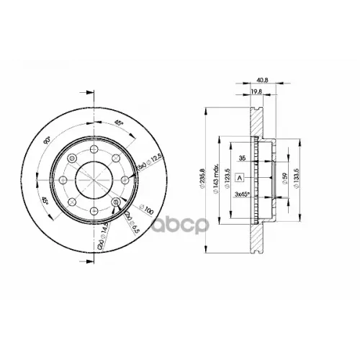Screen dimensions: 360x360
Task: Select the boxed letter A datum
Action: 240,177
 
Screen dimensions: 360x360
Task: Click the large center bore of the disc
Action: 94,179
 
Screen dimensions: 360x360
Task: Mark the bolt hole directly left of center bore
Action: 63,179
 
